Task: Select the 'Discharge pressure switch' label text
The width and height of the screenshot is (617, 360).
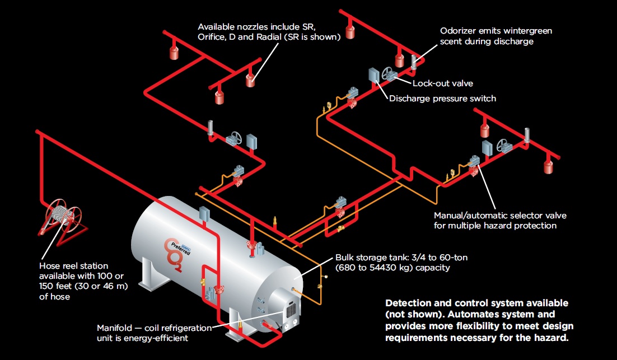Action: (x=442, y=99)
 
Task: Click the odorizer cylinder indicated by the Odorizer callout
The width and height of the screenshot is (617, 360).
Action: (x=414, y=62)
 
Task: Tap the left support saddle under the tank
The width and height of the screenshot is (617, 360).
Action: (x=147, y=279)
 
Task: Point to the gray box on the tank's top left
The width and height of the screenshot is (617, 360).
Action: (x=204, y=214)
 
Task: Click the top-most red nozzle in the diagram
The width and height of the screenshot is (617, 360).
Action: (x=350, y=31)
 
